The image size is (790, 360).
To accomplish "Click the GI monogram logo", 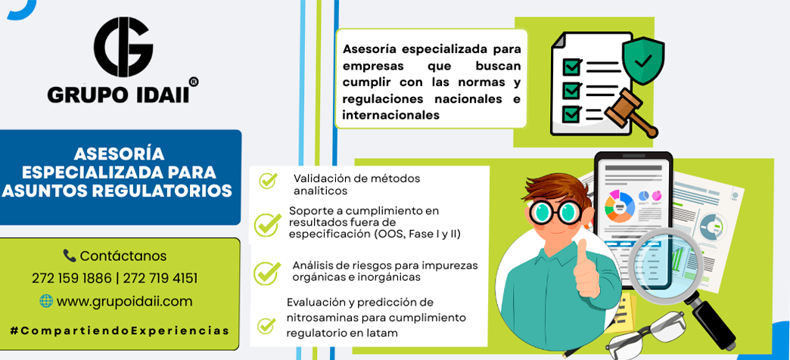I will pyautogui.click(x=123, y=47).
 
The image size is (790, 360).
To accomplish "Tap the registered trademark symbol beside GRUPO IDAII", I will pyautogui.click(x=193, y=82).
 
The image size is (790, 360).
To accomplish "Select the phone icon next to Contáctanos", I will pyautogui.click(x=70, y=256).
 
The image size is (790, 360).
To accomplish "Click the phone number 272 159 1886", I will pyautogui.click(x=71, y=278).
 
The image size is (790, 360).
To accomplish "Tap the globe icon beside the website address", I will pyautogui.click(x=46, y=301).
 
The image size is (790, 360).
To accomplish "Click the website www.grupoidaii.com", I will pyautogui.click(x=124, y=301).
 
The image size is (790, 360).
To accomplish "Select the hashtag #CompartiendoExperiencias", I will pyautogui.click(x=120, y=331).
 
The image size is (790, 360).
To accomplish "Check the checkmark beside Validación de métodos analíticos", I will pyautogui.click(x=267, y=180).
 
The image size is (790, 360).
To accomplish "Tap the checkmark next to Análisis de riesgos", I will pyautogui.click(x=266, y=272).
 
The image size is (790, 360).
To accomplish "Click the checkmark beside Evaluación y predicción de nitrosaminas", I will pyautogui.click(x=266, y=326).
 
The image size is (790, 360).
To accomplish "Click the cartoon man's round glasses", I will pyautogui.click(x=552, y=213).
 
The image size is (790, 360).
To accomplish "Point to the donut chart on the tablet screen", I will pyautogui.click(x=619, y=206).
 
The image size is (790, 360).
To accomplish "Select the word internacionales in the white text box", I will pyautogui.click(x=390, y=116).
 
